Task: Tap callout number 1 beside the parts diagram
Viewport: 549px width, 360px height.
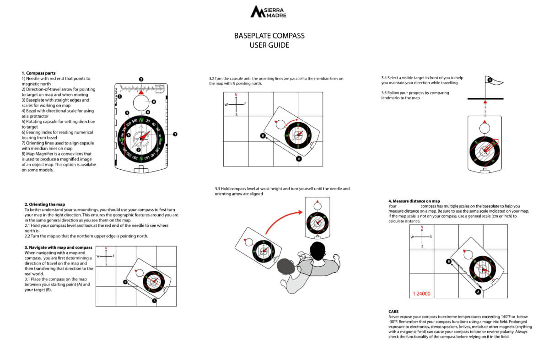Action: (175, 134)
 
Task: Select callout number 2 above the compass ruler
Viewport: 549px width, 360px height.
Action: (141, 79)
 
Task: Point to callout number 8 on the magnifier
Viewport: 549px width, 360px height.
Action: (154, 102)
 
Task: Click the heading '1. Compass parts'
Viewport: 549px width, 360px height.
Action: (38, 73)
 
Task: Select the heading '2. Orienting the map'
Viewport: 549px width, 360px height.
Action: (45, 204)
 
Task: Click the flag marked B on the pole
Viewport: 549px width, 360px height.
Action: (490, 80)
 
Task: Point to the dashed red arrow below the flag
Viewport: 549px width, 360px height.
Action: (485, 108)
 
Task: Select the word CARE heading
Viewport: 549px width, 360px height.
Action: (393, 312)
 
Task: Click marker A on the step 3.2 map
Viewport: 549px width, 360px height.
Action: (299, 159)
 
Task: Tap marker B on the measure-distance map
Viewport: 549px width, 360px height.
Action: (448, 262)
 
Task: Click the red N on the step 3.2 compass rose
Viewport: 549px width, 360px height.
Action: (236, 95)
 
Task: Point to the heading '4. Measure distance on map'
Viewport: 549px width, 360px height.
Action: (414, 201)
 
